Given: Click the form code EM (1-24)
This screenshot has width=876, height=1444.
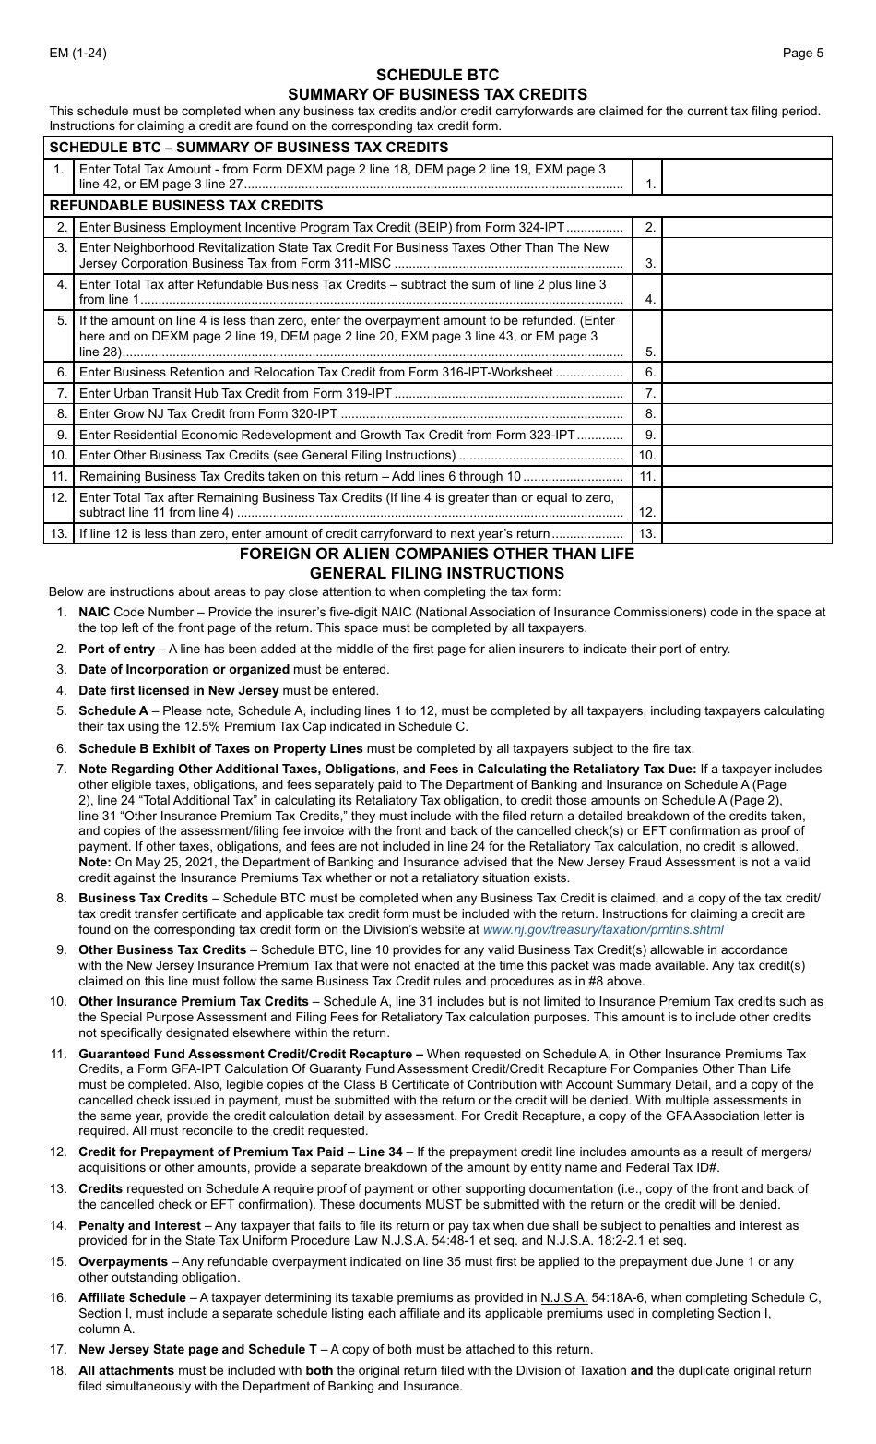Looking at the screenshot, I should [77, 53].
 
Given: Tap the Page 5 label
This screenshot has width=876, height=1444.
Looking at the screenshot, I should [802, 53].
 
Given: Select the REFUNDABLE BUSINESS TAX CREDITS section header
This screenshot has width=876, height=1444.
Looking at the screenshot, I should [186, 205].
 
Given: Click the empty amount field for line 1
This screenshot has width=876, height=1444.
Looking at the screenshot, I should [746, 176].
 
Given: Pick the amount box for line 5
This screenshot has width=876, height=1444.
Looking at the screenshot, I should [746, 335].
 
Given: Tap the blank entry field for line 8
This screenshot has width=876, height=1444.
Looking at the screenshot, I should [746, 413].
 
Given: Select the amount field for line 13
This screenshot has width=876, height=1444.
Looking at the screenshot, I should [746, 533].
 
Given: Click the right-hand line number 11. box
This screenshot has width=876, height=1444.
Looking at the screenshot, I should [647, 476].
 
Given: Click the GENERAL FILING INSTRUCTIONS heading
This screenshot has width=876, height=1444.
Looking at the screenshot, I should [437, 573].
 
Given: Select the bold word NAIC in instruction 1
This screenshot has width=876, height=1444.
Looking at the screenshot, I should [94, 612].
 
